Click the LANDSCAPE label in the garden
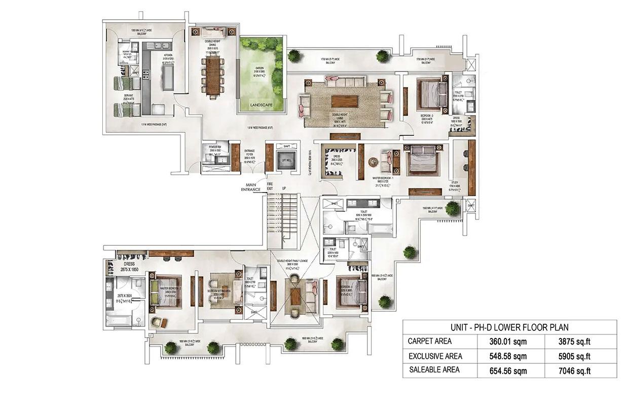tap(262, 105)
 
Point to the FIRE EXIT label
tap(270, 187)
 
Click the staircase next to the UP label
tap(280, 212)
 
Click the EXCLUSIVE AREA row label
tap(435, 356)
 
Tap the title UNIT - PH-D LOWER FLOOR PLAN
tap(509, 327)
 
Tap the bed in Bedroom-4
tap(350, 294)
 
